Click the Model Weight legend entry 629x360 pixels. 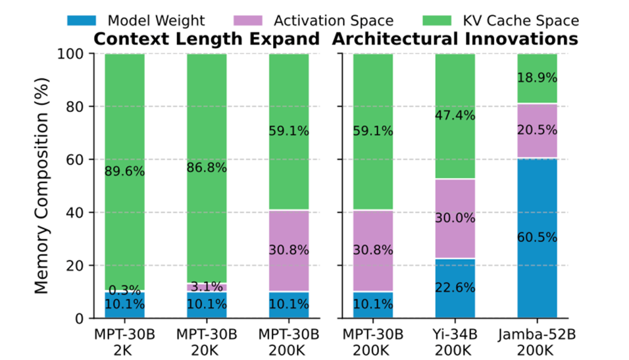[x=137, y=21]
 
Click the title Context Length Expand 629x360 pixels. [x=207, y=39]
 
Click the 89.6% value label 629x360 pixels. [x=125, y=171]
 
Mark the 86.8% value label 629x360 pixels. [x=207, y=168]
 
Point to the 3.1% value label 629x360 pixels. [x=207, y=287]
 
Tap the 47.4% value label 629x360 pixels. [x=455, y=115]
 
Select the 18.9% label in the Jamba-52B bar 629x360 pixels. [x=537, y=78]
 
